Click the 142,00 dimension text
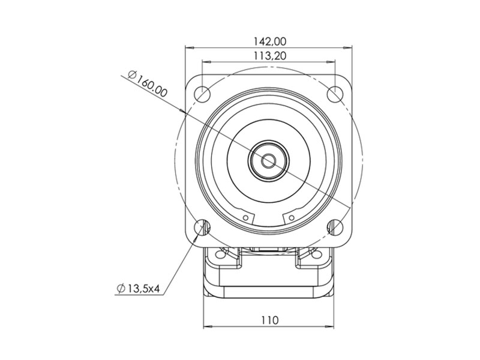(x=269, y=41)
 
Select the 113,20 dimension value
(x=269, y=56)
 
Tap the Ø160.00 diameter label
(x=148, y=83)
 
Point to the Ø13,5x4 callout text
(x=139, y=288)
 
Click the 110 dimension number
(x=270, y=320)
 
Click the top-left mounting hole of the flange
(x=202, y=94)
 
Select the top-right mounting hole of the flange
(x=335, y=94)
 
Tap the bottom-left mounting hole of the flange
(x=202, y=227)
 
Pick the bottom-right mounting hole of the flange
(x=335, y=227)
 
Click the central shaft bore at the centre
(x=269, y=160)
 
